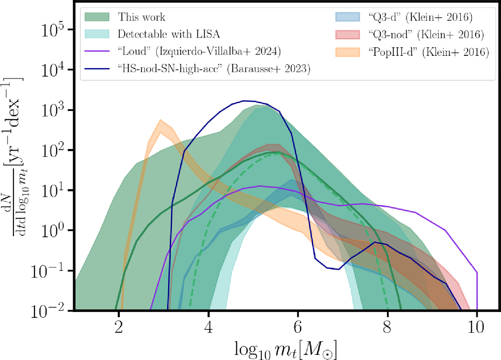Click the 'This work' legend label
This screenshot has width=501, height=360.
[142, 18]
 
